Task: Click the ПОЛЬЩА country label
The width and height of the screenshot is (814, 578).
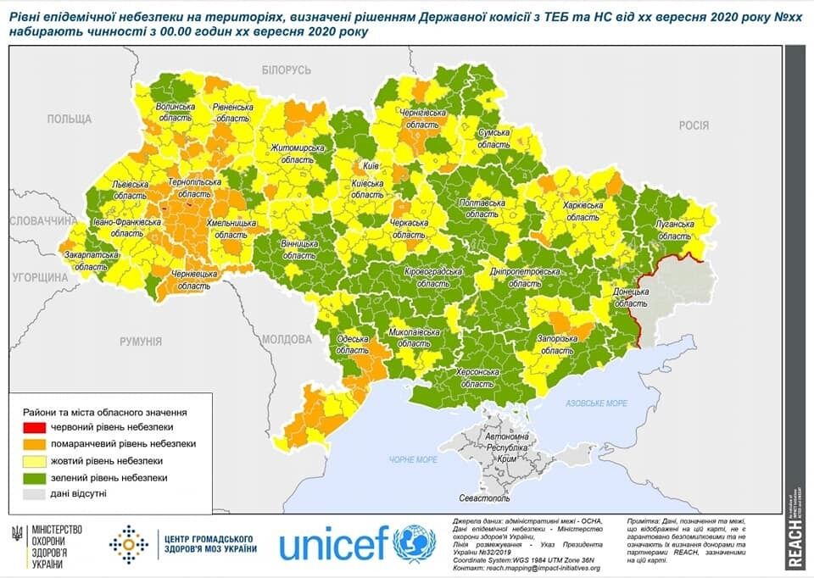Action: click(x=69, y=119)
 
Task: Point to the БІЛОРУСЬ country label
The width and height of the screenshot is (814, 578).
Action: click(x=287, y=70)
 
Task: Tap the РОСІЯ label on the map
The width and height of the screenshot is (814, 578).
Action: click(x=693, y=125)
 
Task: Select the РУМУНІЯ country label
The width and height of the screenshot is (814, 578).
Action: click(x=140, y=342)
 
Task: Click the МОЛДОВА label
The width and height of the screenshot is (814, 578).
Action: click(x=287, y=339)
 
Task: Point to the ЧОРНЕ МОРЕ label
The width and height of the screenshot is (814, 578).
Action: click(x=414, y=459)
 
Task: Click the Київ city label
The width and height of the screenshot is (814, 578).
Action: click(x=371, y=167)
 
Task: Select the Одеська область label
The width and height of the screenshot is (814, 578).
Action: click(x=352, y=344)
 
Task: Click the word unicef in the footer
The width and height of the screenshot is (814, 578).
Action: click(x=333, y=544)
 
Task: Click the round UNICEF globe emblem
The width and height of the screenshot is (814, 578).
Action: click(x=415, y=544)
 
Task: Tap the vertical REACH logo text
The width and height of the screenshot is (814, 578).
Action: click(x=794, y=542)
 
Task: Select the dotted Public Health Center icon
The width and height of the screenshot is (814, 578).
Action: click(x=128, y=544)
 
